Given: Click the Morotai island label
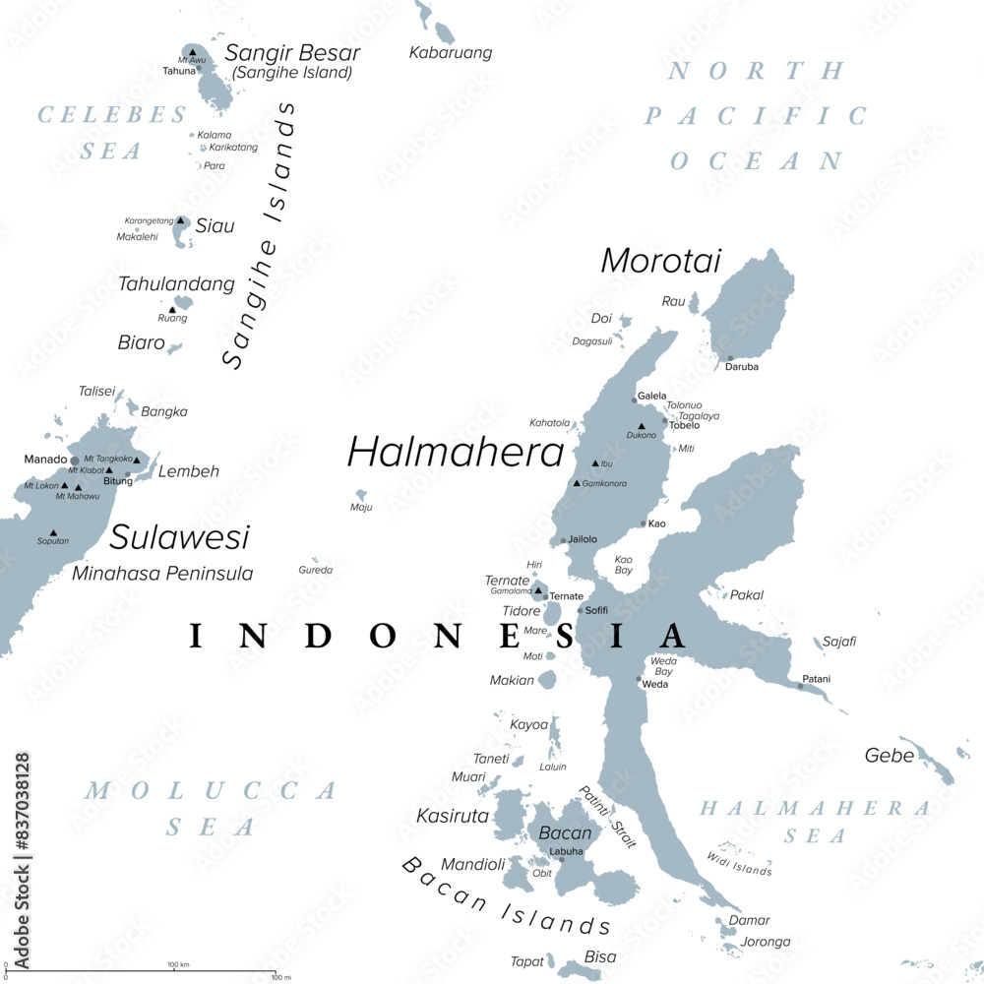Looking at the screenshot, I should (x=660, y=261).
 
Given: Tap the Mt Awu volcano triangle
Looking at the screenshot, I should (x=193, y=51).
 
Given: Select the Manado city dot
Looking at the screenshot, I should (x=75, y=461).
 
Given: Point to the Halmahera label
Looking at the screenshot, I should (x=456, y=452).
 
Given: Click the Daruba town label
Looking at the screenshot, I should (x=741, y=367).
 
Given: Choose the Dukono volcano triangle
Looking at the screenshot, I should (x=642, y=426).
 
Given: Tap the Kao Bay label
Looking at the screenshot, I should (x=623, y=565).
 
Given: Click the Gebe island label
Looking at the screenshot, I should (x=889, y=756).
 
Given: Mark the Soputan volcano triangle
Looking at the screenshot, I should (x=53, y=532).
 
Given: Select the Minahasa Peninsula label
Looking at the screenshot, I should (x=162, y=573).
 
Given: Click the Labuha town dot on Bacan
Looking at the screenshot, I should (x=562, y=860).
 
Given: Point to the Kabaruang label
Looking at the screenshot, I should (x=450, y=53).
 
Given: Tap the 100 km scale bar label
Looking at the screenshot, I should (x=178, y=964).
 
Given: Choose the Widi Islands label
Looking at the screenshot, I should (x=739, y=864).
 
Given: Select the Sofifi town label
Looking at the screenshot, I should (x=596, y=610).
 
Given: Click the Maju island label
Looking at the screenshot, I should (x=361, y=508).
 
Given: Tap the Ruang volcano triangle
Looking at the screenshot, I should (x=173, y=309).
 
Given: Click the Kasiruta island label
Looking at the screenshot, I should (x=452, y=816).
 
